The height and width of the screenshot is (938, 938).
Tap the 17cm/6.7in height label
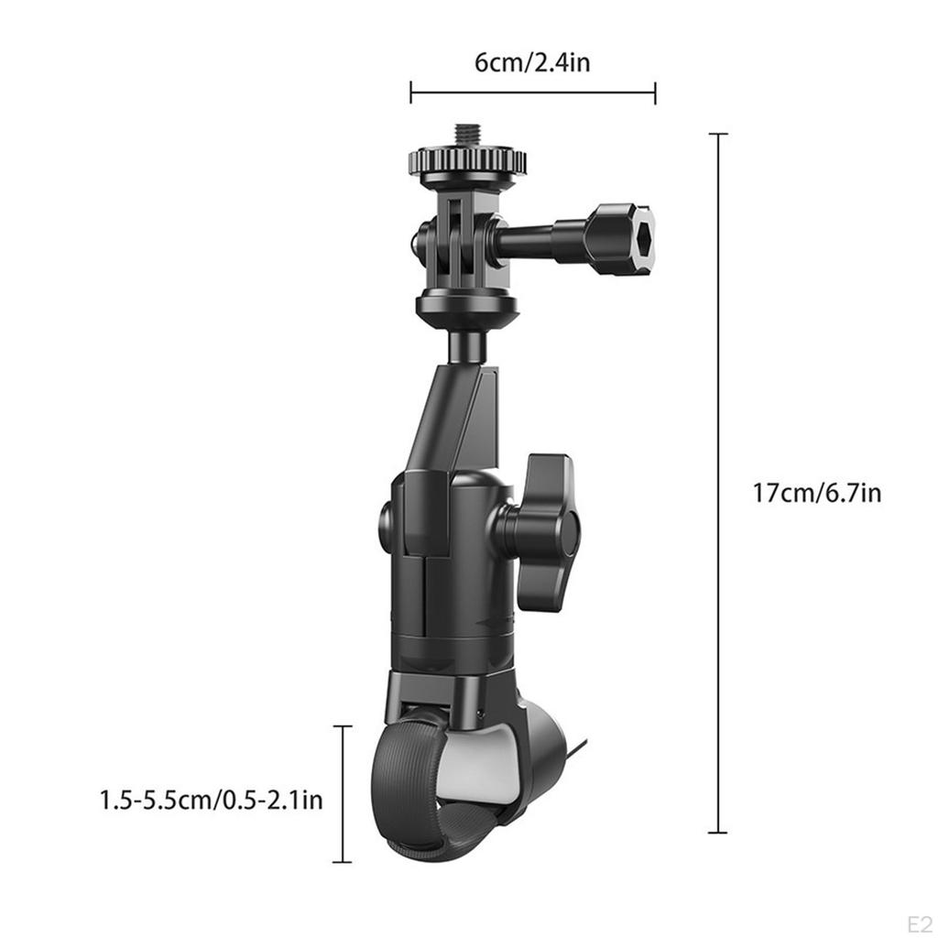pos(817,493)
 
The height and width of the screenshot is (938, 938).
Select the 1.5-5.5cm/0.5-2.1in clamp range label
pos(212,800)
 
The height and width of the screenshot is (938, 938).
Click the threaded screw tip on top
pos(467,135)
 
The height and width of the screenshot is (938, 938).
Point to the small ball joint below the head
pos(467,346)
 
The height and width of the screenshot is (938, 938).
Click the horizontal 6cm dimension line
pos(532,92)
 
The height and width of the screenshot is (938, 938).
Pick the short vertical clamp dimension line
pos(342,793)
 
